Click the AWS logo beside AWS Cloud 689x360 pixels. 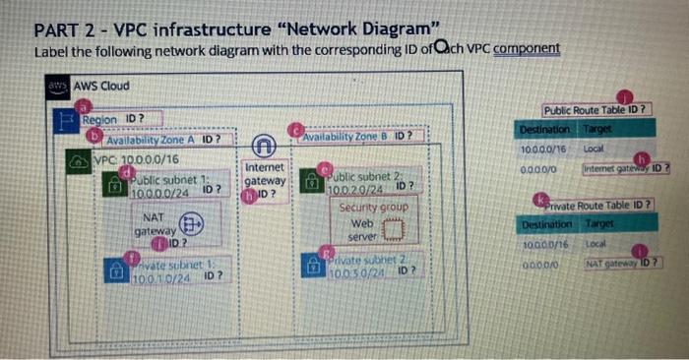(x=59, y=86)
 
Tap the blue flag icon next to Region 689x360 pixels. (x=67, y=123)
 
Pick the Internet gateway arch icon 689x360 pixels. (x=264, y=148)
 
